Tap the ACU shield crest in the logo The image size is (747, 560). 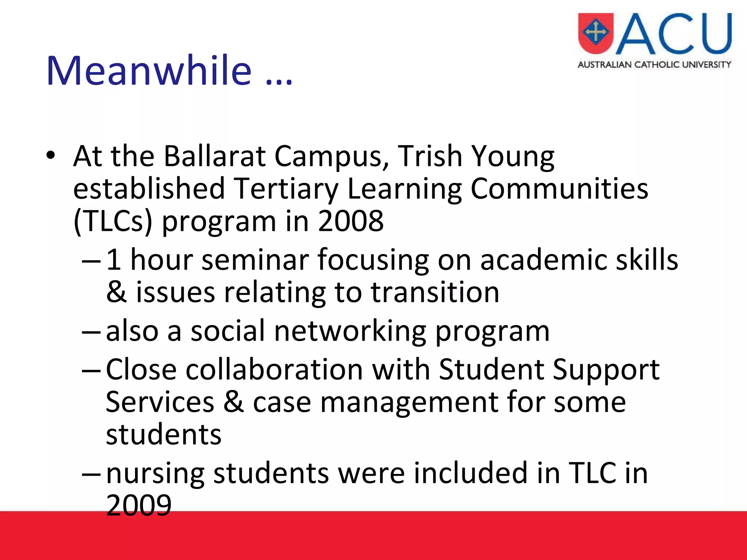[596, 33]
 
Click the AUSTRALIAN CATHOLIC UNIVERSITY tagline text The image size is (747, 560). [654, 65]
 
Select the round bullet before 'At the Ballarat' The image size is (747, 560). [51, 156]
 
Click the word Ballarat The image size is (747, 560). [215, 156]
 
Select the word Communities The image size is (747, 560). [559, 189]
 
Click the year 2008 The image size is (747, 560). [351, 221]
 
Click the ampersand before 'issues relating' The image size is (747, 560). [116, 292]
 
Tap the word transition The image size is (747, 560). [435, 292]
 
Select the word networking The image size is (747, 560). [350, 331]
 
